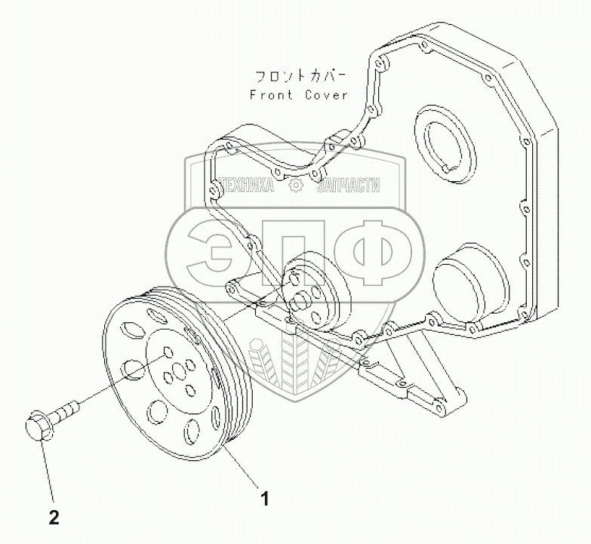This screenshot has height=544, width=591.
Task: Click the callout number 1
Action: point(263,498)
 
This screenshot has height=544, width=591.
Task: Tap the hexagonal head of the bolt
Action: point(38,427)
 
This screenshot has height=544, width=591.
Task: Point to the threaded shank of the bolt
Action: point(66,411)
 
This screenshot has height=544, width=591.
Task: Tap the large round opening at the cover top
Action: point(446,144)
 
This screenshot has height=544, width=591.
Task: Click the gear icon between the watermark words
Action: point(297,185)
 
